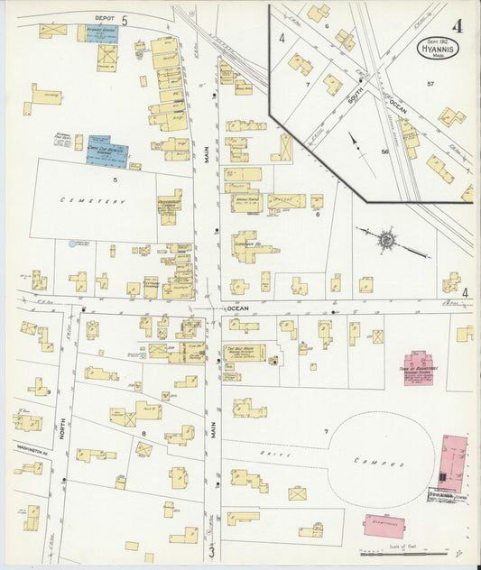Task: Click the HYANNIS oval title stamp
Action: coord(437,48)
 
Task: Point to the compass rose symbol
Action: coord(385,240)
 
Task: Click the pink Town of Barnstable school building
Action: coord(418,369)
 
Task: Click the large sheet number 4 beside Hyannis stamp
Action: coord(458,25)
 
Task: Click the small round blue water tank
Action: coord(72,244)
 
